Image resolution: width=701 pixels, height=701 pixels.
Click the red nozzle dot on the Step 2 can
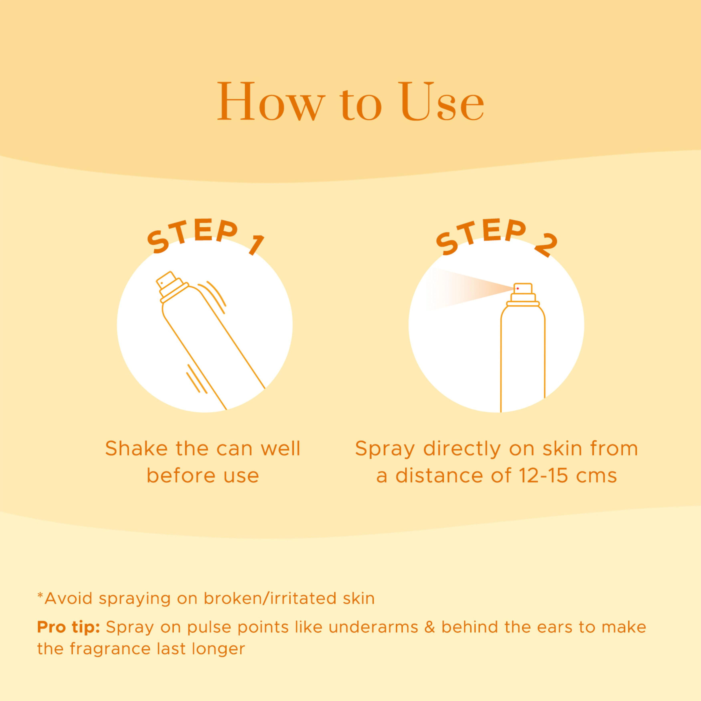click(x=518, y=288)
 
